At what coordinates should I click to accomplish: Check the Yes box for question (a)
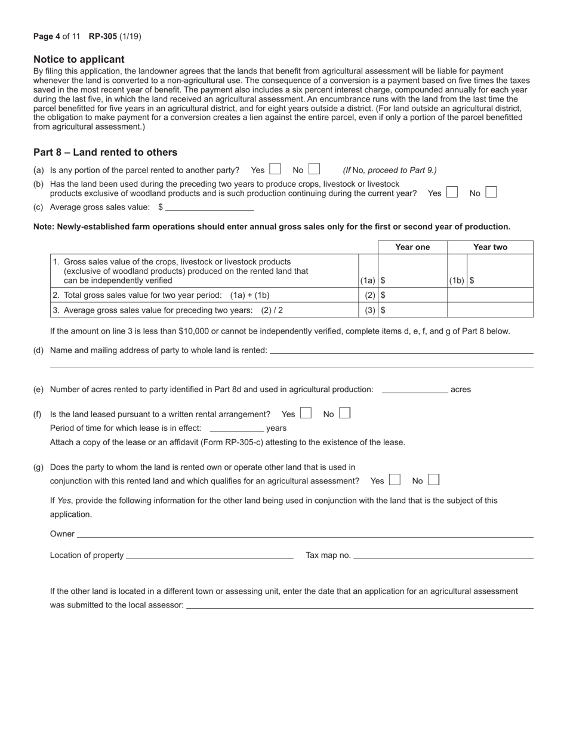[275, 169]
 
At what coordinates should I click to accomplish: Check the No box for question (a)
[314, 169]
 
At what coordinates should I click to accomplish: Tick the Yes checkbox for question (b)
[452, 193]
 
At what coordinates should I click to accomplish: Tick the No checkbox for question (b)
[491, 193]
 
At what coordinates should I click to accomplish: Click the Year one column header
[412, 247]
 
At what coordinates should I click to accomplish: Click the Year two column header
[490, 247]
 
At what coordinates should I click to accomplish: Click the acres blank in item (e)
[415, 389]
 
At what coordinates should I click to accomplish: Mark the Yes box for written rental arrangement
[306, 413]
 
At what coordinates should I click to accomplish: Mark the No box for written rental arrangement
[344, 413]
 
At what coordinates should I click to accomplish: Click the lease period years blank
[237, 428]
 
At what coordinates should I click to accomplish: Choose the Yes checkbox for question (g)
[395, 480]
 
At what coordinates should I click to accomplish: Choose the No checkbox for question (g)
[434, 480]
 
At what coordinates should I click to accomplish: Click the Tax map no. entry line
[443, 555]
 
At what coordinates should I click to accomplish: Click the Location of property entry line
[209, 555]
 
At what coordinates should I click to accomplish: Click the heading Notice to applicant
[79, 59]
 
